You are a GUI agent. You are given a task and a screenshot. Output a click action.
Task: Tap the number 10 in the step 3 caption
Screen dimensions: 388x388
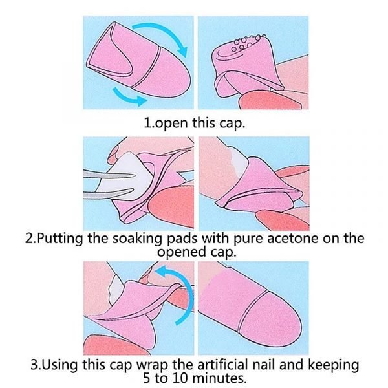point(184,378)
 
